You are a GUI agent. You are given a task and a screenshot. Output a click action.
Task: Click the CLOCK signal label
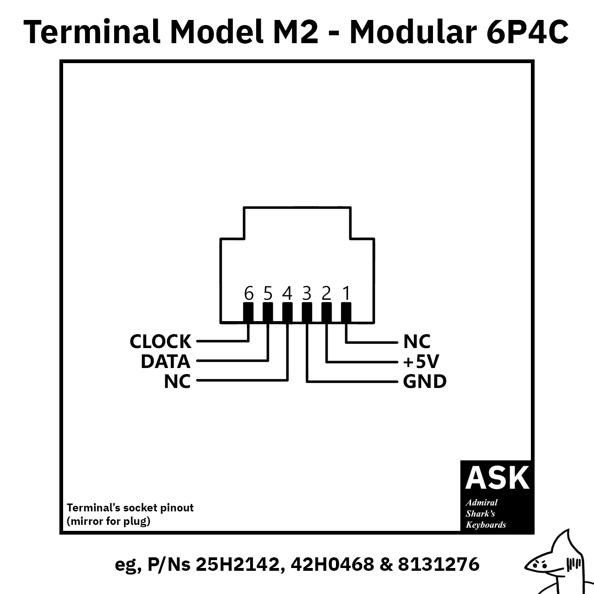[160, 342]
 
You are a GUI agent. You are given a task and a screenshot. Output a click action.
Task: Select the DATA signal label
[166, 361]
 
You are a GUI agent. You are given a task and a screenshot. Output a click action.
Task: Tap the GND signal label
[425, 381]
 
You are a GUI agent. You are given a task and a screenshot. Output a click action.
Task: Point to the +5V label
[421, 362]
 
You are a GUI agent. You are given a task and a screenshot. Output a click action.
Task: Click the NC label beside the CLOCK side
[177, 381]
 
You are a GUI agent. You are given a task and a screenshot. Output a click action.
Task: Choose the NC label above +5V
[417, 342]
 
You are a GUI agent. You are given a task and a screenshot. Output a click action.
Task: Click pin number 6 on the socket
[249, 293]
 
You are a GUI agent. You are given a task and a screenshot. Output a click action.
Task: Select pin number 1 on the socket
[347, 293]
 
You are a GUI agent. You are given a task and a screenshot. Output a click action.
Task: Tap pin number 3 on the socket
[307, 293]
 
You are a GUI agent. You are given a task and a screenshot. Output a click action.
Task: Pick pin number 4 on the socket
[287, 293]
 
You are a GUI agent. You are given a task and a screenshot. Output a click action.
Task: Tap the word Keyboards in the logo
[486, 525]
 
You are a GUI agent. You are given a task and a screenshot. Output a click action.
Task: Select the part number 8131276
[439, 564]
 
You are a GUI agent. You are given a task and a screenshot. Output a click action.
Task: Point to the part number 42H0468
[332, 564]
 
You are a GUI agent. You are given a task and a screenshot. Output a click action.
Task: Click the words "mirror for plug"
[109, 521]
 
